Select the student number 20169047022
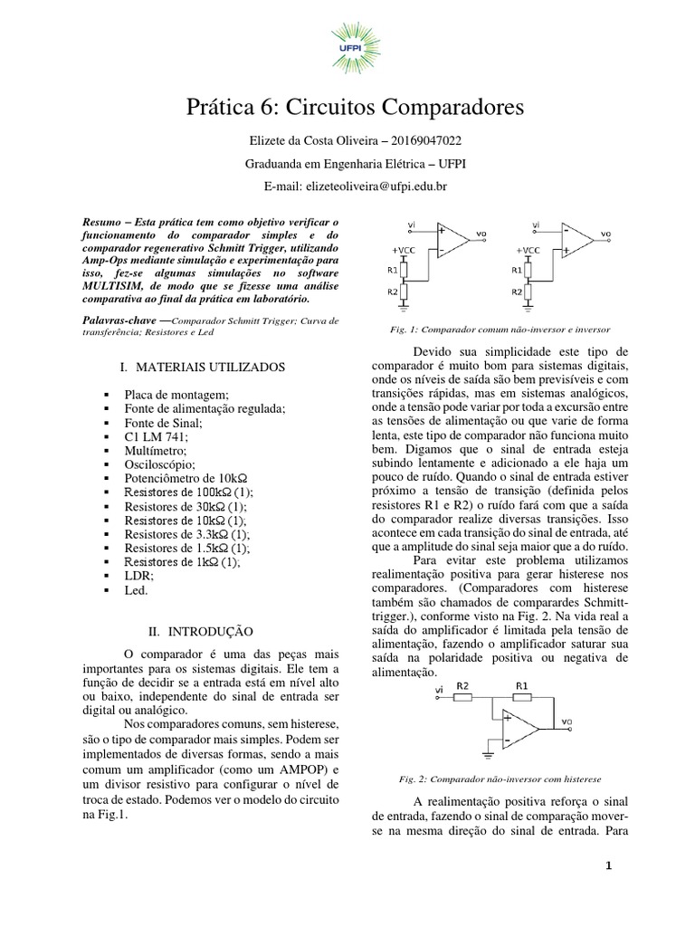422,140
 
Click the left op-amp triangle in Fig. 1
453,238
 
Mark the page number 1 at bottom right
609,865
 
